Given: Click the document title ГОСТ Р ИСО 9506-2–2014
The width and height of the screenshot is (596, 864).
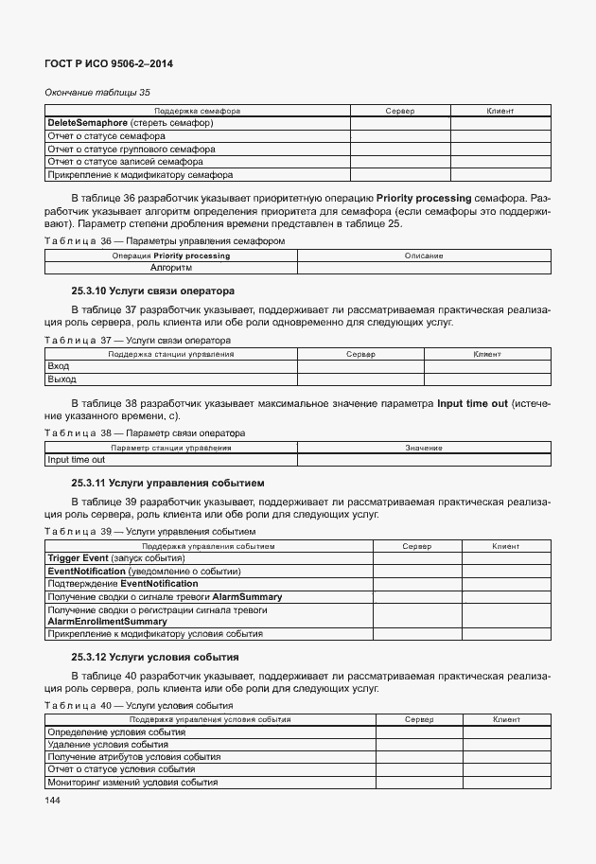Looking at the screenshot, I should point(109,63).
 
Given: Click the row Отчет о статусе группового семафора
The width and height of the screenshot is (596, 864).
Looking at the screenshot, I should point(131,149).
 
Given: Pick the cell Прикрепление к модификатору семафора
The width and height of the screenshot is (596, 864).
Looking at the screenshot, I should point(140,174).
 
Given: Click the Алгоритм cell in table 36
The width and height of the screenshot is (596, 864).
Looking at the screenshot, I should point(171,268).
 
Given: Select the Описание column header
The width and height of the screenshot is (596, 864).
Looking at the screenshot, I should point(424,256).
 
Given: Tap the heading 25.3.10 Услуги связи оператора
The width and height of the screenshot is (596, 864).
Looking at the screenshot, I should point(152,290).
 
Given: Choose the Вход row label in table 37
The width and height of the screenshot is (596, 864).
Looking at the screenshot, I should point(59,366).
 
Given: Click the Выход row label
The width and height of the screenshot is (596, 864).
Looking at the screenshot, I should point(61,379).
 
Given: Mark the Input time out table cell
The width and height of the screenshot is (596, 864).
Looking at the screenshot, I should point(77,460).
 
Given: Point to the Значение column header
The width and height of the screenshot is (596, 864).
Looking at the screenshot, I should point(424,447).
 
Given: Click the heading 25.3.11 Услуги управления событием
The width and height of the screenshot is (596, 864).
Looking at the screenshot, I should point(167,483).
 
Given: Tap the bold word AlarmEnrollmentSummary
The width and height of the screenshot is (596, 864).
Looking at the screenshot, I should point(107,622).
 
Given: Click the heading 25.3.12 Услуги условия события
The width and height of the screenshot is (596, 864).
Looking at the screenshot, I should point(154,657).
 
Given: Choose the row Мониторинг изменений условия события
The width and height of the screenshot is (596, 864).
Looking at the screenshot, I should point(132,783).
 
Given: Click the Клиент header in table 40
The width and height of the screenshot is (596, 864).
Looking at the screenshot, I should point(507,719).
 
